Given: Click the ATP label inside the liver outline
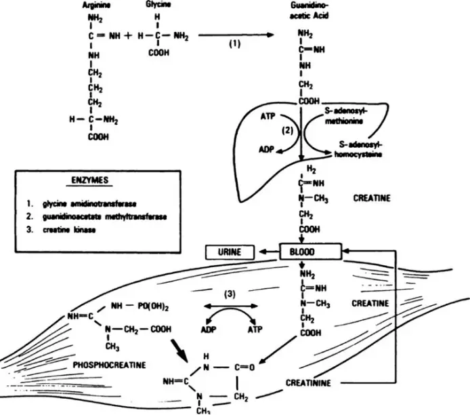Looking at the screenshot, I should [x=270, y=117].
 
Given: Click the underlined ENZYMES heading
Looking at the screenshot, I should [x=91, y=182].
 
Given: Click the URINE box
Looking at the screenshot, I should [x=228, y=252].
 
